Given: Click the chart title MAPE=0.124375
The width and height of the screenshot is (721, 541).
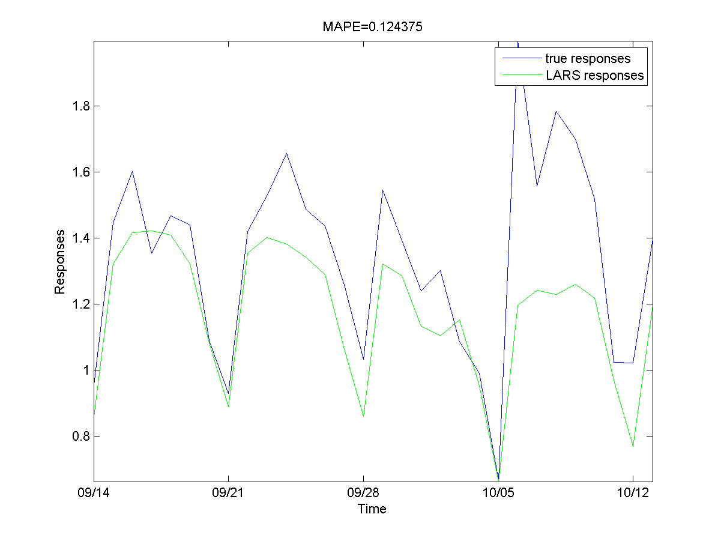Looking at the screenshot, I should point(372,27).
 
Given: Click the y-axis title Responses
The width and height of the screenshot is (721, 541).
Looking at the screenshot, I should point(59,264).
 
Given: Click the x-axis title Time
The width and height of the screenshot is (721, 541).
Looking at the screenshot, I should point(372,509).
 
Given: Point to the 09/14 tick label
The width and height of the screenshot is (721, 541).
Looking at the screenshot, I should point(93,492).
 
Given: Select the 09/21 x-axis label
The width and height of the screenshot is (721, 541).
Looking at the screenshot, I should point(228,492).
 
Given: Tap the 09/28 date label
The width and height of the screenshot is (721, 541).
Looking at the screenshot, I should point(363,492).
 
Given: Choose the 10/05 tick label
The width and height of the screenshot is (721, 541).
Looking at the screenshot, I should point(498,492).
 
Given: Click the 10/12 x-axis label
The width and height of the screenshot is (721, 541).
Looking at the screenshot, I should point(633,492).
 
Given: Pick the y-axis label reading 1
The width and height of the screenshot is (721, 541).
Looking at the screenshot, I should point(84,370).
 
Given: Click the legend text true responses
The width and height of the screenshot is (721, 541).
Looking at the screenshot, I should point(588,59).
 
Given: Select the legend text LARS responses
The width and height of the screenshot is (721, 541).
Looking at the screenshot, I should point(594,76).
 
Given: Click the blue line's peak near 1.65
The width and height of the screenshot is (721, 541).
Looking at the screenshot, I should point(286,153).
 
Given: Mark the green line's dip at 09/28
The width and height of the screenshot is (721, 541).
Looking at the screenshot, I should point(363,416).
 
